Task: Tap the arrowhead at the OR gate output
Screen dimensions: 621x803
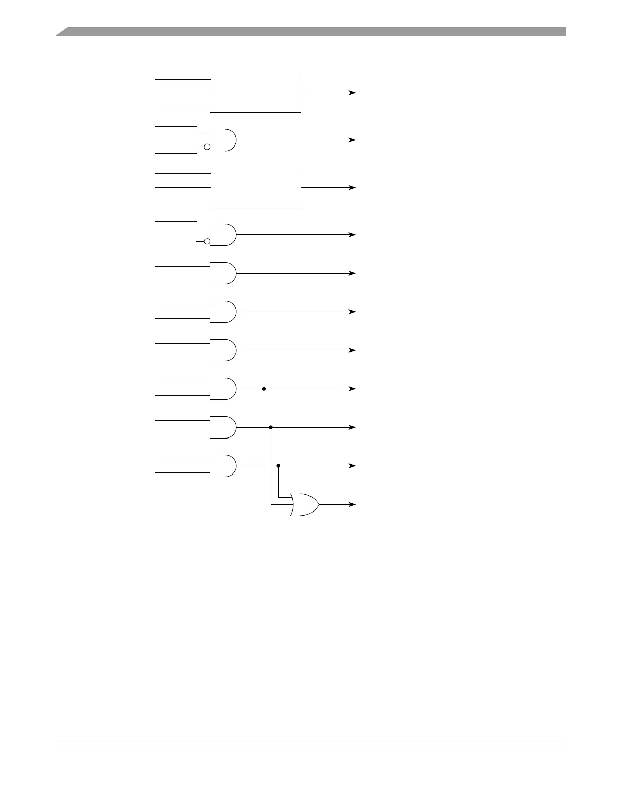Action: point(352,504)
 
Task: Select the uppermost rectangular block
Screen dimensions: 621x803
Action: point(255,93)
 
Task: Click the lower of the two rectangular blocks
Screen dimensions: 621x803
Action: point(255,187)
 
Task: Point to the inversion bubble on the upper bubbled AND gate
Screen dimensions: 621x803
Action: point(207,147)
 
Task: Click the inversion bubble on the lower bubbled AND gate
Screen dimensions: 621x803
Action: point(207,242)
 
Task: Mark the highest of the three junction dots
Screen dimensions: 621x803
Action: point(264,389)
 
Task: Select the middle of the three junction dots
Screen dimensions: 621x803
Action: point(271,427)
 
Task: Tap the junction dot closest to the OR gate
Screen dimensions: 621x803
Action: point(278,466)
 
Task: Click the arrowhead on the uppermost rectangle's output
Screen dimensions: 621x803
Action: point(352,93)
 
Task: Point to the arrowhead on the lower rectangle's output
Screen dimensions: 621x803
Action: point(352,187)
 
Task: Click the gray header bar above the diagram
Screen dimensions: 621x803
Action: point(310,32)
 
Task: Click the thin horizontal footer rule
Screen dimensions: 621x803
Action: point(310,742)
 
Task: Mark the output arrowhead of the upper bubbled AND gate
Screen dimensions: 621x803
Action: point(352,140)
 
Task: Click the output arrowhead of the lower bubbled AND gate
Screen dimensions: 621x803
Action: point(352,235)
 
